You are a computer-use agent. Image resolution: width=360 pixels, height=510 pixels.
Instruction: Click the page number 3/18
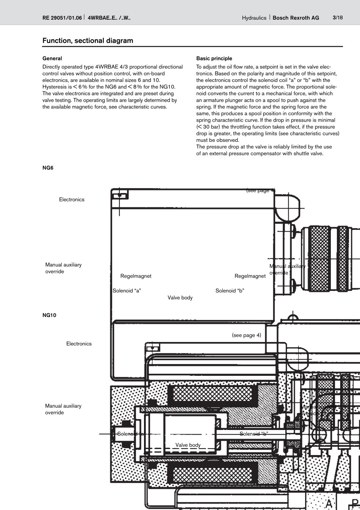tap(338, 17)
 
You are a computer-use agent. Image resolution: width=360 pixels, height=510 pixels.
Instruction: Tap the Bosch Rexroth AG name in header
tap(296, 18)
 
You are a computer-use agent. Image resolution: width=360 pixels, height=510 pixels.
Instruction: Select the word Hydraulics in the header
tap(254, 18)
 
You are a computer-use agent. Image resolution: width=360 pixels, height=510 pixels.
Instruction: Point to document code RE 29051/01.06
tap(62, 18)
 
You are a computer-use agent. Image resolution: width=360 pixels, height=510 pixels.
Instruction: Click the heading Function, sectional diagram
tap(88, 41)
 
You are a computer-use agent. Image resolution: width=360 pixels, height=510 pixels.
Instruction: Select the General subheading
tap(52, 58)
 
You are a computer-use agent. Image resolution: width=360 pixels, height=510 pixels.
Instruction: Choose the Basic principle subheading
tap(214, 58)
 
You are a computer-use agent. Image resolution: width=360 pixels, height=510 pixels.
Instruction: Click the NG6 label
tap(48, 168)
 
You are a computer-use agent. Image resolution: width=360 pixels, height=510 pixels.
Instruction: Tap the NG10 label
tap(49, 315)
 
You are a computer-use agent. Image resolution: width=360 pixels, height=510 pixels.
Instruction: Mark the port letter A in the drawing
tap(329, 504)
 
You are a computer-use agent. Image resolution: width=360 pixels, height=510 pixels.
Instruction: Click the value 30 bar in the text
tap(211, 127)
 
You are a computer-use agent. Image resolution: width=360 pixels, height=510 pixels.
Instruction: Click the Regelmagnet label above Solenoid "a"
tap(136, 276)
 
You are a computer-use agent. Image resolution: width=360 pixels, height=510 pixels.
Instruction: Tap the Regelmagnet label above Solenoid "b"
tap(250, 276)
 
